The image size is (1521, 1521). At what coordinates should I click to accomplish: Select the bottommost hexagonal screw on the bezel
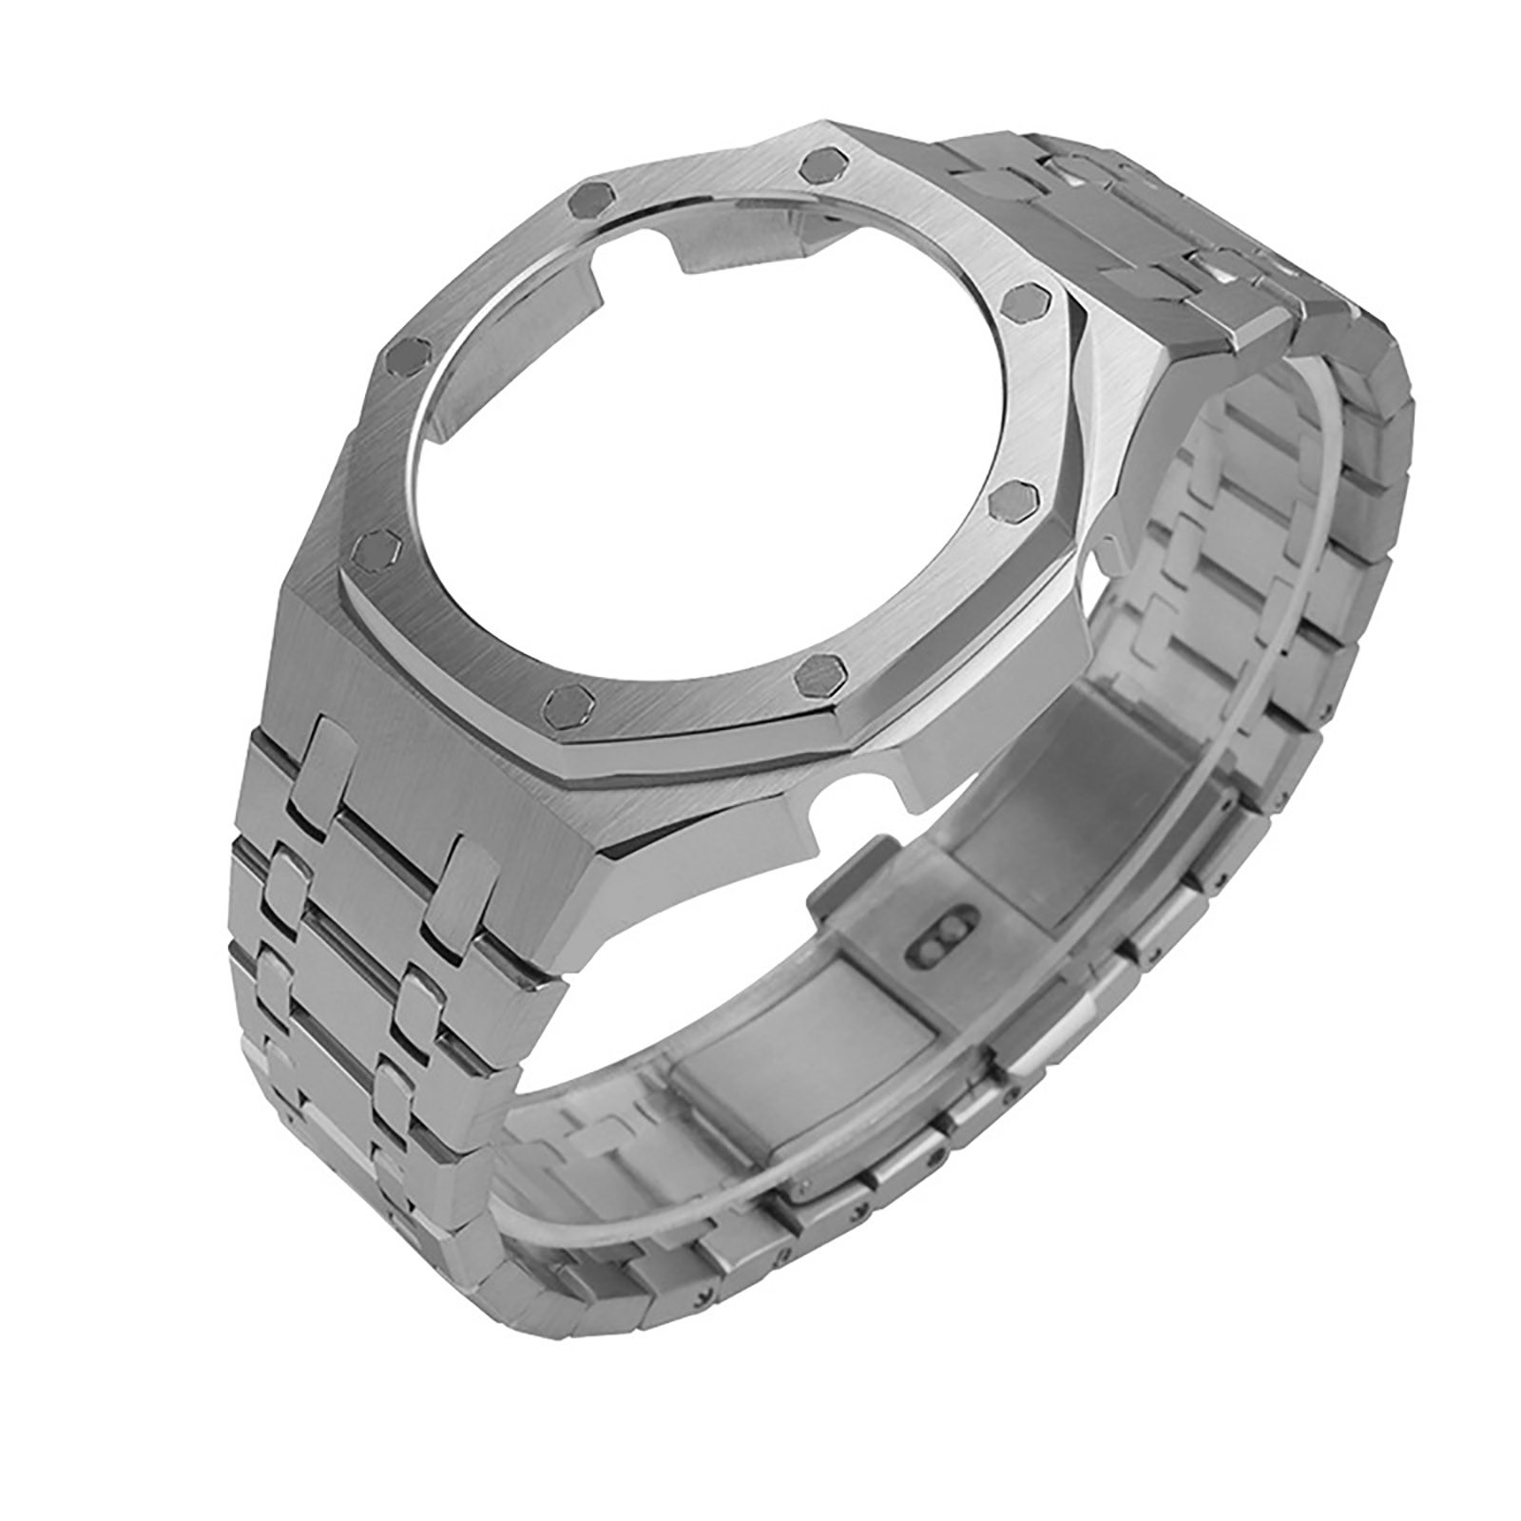pyautogui.click(x=568, y=701)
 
